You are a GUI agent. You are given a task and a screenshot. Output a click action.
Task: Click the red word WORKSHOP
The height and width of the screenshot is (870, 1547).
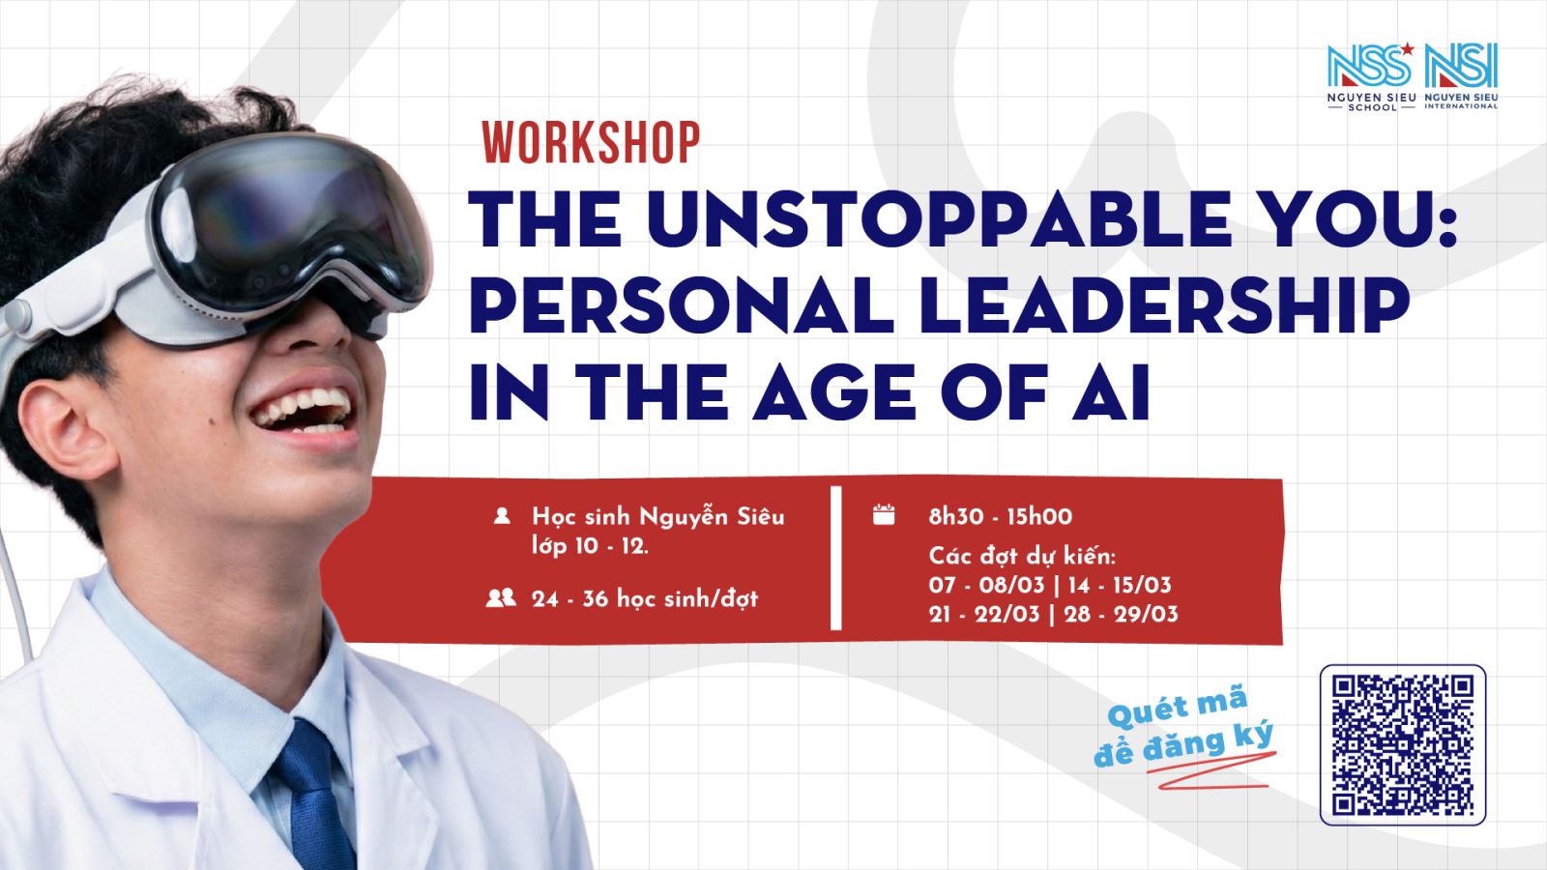click(591, 143)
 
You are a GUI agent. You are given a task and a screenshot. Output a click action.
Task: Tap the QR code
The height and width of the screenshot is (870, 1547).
click(1402, 744)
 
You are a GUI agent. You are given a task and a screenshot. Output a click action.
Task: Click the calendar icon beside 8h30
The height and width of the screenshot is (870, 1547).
click(884, 515)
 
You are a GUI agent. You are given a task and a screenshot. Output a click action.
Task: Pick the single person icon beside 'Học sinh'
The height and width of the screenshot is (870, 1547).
click(502, 516)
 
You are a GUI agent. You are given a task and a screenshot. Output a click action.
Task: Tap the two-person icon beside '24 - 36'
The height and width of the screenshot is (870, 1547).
click(501, 598)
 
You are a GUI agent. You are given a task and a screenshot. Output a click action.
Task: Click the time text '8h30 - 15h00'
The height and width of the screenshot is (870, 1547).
click(1000, 516)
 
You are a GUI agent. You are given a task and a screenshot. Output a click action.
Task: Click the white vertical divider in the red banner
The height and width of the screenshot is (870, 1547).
click(836, 559)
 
